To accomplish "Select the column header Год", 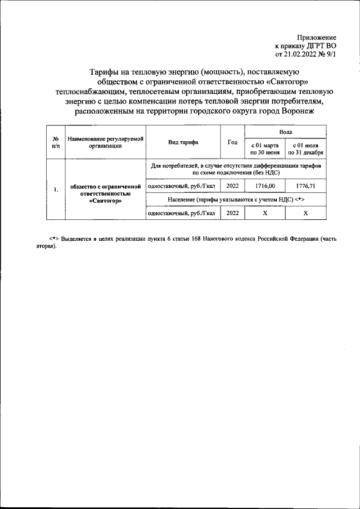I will coord(232,142).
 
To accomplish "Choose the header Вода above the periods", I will coord(285,130).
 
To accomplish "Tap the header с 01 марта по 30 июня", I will coord(265,148).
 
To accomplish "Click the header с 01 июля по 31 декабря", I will coord(305,148).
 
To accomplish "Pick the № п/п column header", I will coord(56,142).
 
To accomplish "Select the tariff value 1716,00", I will coord(265,186).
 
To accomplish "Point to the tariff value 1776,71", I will coord(305,186).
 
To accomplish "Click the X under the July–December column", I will coord(305,214).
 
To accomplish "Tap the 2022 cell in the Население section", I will coord(232,214).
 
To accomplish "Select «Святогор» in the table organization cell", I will coord(105,200).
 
